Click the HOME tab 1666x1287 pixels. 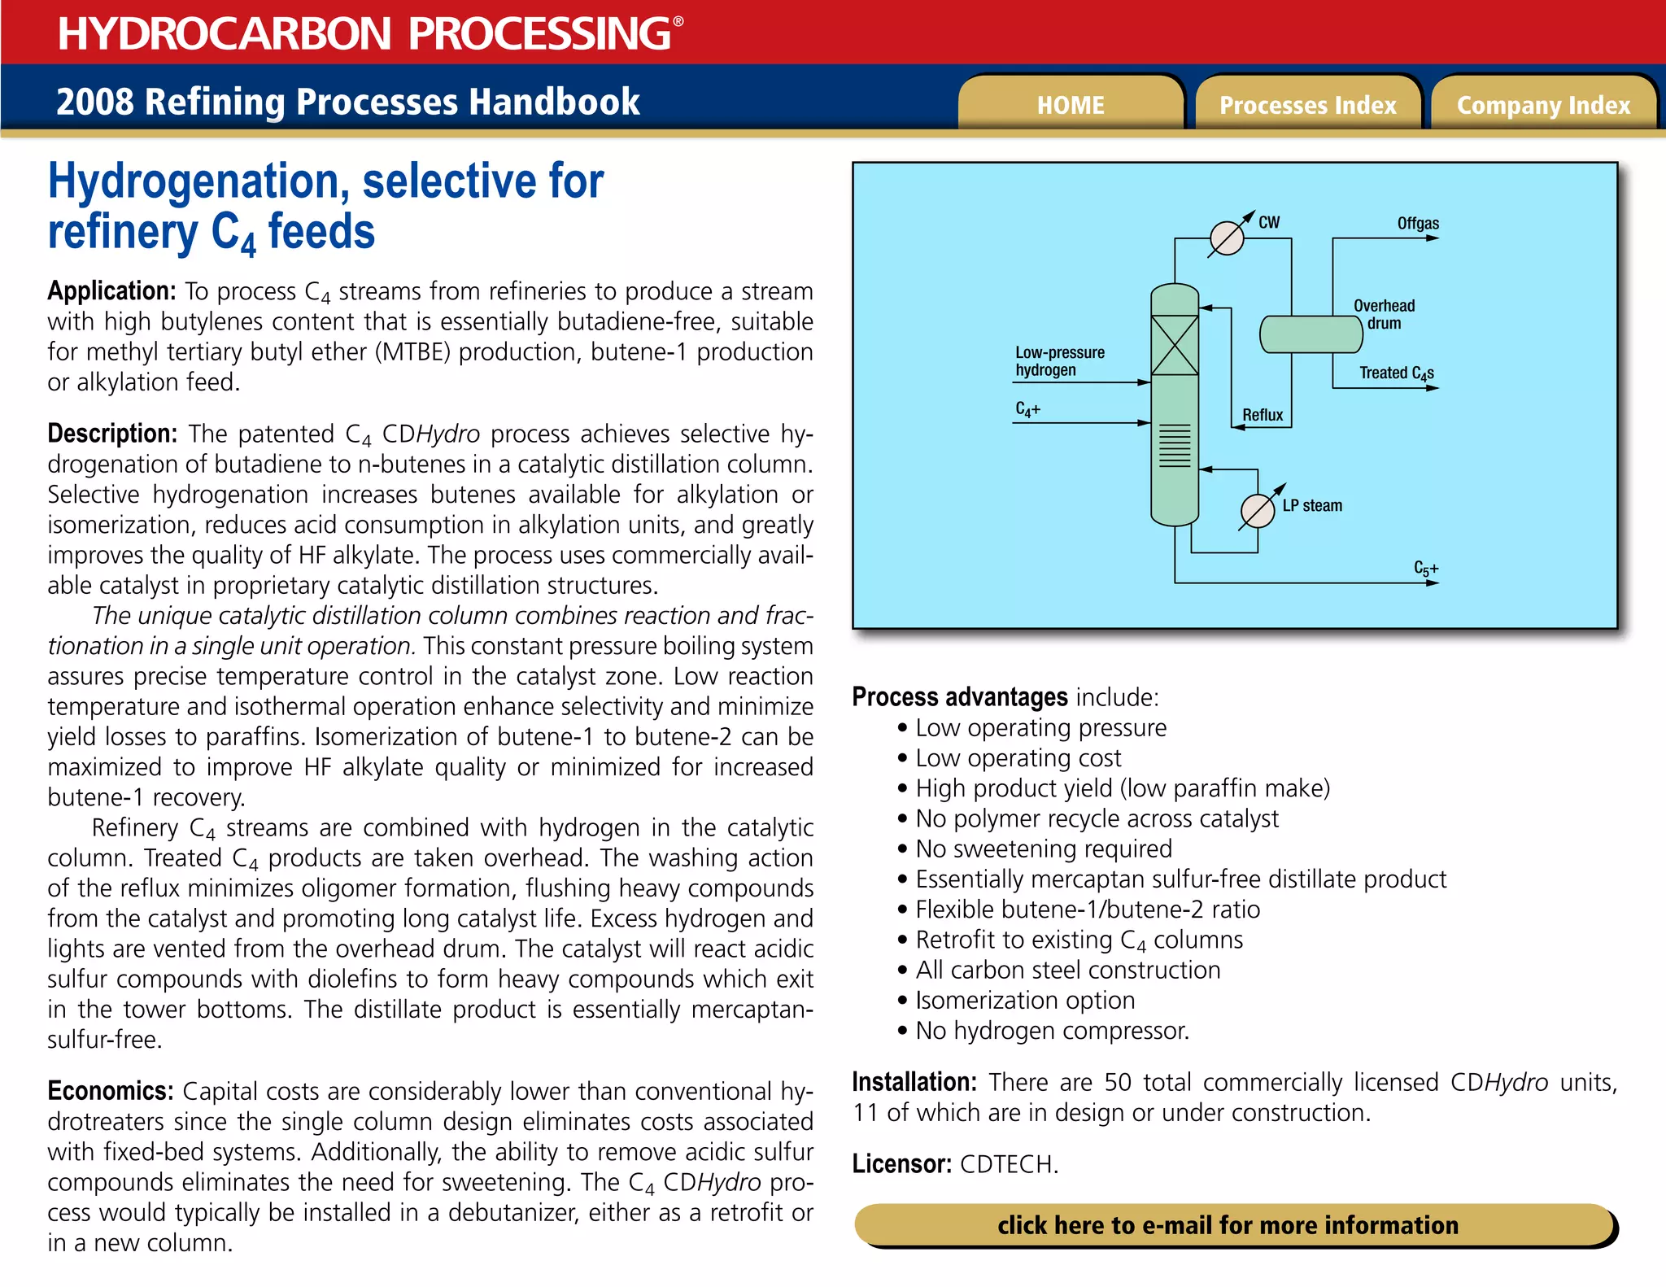[x=1070, y=105]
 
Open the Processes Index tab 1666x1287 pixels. [x=1307, y=105]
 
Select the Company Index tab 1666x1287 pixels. [x=1543, y=105]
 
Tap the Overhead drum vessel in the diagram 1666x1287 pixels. [x=1310, y=334]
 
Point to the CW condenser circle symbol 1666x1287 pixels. [x=1227, y=238]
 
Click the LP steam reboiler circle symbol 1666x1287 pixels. [x=1258, y=512]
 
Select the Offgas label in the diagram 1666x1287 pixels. [x=1418, y=224]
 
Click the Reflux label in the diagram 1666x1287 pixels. [x=1263, y=415]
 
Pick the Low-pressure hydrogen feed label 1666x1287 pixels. [x=1059, y=361]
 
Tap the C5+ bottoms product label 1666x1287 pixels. [x=1425, y=569]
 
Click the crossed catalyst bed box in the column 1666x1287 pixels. [x=1175, y=346]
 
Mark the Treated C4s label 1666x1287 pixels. [x=1396, y=373]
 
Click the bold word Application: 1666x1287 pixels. [x=111, y=291]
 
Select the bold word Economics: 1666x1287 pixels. [x=110, y=1091]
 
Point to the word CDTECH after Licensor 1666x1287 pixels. [x=1009, y=1164]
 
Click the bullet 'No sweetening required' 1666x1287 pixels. [x=1043, y=849]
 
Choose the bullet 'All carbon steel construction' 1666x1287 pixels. [x=1067, y=971]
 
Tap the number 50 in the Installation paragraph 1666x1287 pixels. [x=1118, y=1083]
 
